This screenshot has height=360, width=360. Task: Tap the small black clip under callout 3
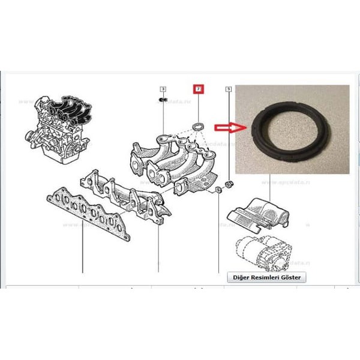coord(162,100)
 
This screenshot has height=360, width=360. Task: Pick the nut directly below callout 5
coord(229,182)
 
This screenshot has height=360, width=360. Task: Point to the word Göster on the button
coord(290,277)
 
